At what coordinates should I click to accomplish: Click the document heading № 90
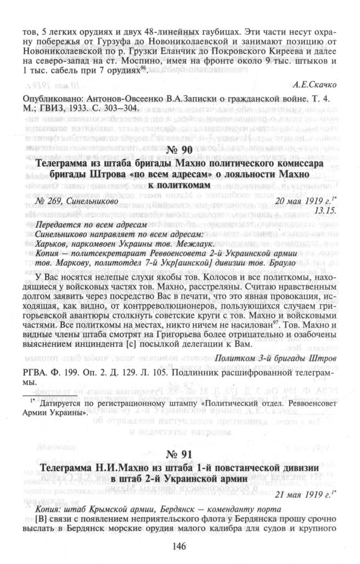click(x=179, y=150)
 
